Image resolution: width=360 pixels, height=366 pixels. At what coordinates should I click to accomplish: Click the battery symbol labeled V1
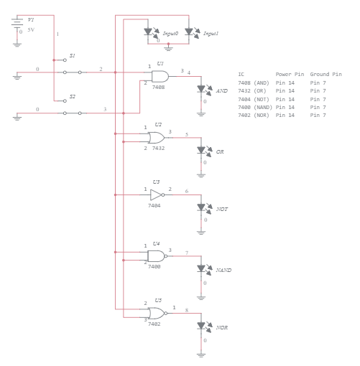pos(17,24)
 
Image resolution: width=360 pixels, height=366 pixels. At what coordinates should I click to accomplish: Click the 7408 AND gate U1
pos(160,76)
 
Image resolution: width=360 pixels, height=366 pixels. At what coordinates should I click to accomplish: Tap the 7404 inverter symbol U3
pos(155,194)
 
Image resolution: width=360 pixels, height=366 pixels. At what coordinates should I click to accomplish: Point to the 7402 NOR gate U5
pos(155,312)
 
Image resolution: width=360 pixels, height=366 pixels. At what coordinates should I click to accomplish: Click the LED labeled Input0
pos(149,32)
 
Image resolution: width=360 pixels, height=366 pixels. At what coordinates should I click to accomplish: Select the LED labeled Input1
pos(190,32)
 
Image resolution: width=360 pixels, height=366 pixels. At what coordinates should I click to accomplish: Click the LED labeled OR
pos(203,150)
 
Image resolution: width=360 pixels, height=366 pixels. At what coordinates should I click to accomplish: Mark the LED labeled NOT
pos(203,207)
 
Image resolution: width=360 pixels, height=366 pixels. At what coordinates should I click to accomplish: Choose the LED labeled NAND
pos(203,268)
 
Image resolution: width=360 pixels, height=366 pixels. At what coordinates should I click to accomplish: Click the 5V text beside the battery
pos(31,30)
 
